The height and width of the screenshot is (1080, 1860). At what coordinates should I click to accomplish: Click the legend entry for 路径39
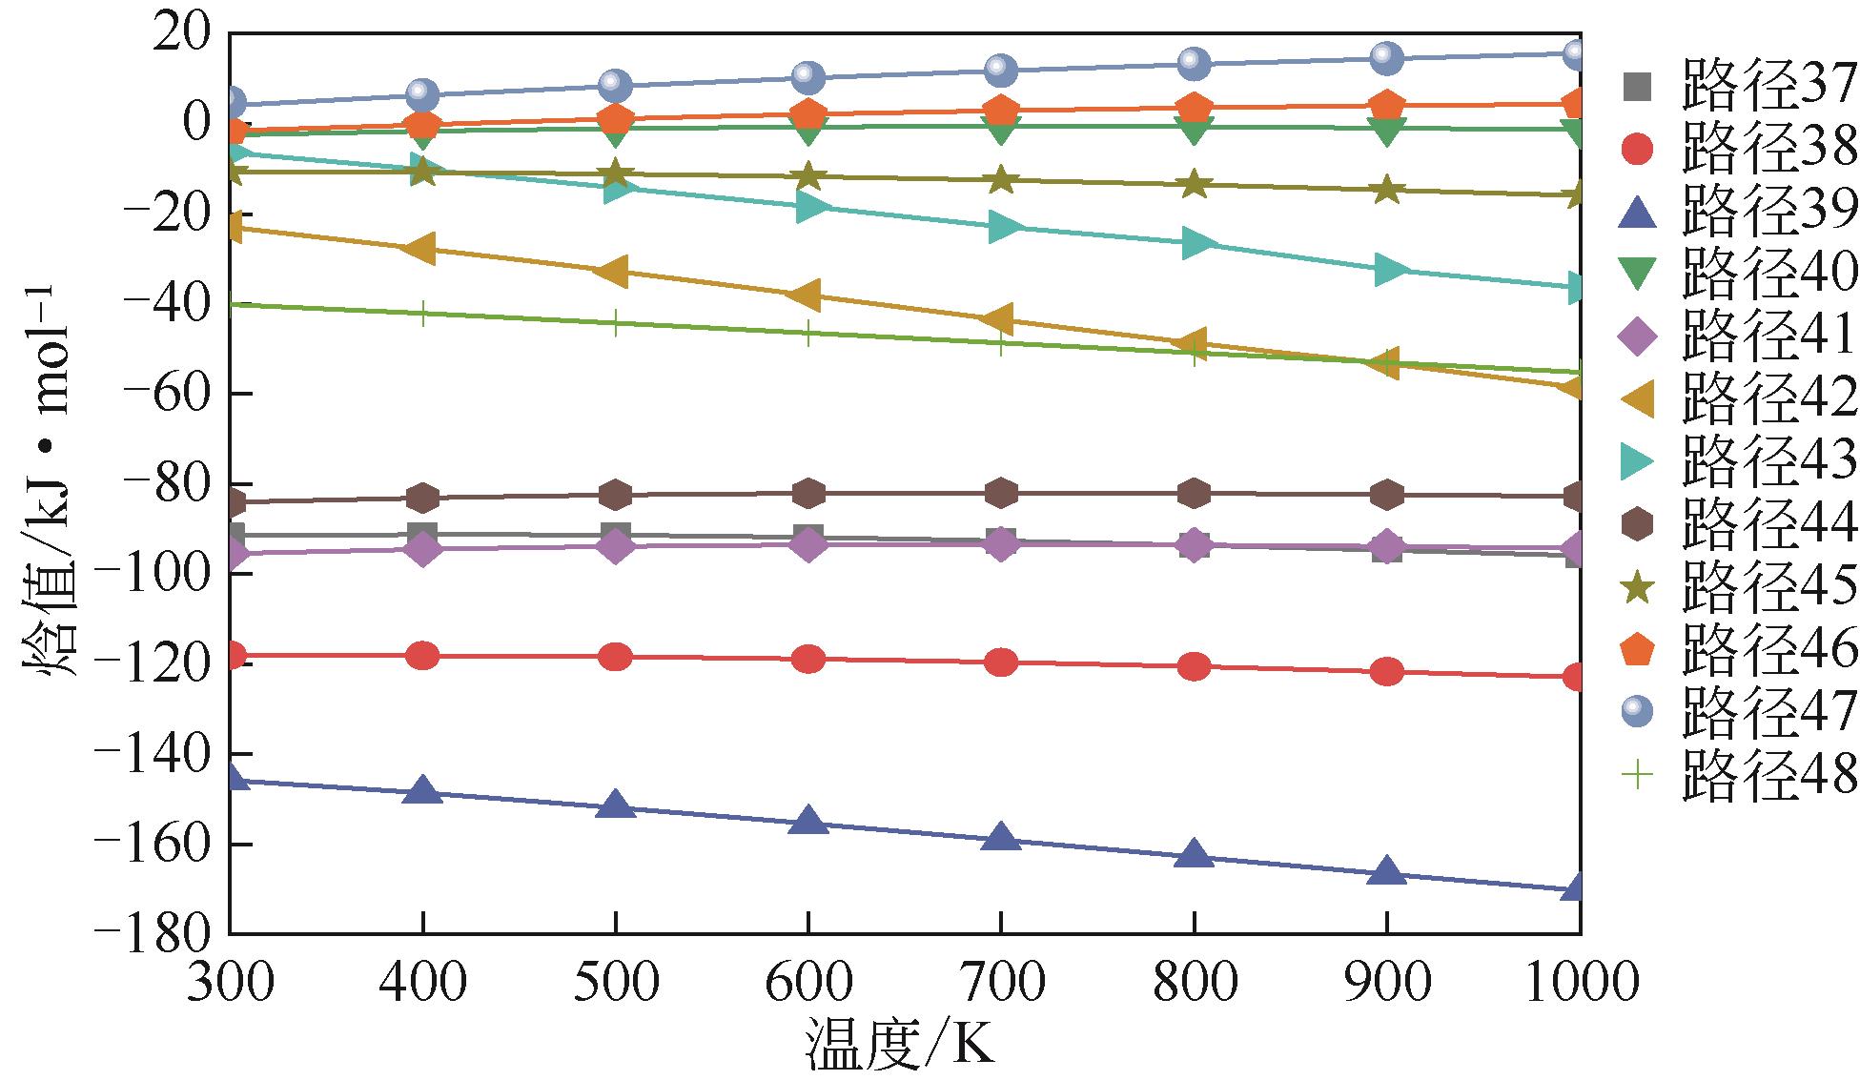tap(1741, 212)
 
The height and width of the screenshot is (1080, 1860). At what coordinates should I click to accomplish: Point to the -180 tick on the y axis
tap(154, 932)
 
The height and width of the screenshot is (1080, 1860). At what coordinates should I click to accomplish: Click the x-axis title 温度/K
tap(901, 1045)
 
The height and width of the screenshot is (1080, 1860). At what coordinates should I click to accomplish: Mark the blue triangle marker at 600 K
tap(808, 820)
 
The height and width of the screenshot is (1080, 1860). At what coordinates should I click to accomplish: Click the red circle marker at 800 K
tap(1194, 666)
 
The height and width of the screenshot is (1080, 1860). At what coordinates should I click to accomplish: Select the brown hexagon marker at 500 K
tap(615, 495)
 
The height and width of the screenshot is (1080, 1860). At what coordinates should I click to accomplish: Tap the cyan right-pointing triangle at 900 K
tap(1388, 270)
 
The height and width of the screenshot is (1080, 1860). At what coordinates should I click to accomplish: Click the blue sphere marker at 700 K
tap(1000, 69)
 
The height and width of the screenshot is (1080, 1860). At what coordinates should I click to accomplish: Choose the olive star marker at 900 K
tap(1386, 190)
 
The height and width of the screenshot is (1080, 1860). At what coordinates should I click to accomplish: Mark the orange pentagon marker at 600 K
tap(808, 113)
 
